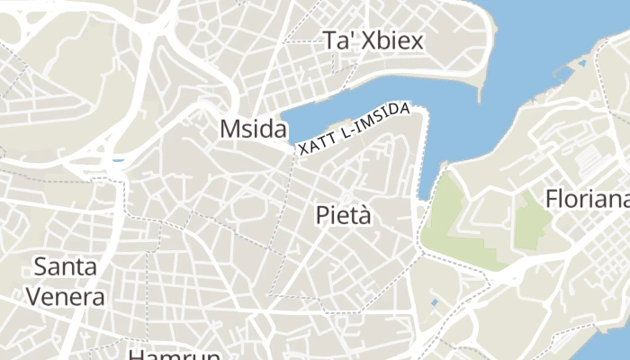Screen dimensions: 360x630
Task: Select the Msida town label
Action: click(253, 129)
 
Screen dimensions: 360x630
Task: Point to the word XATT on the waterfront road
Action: click(314, 143)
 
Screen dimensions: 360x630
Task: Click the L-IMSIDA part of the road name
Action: click(378, 121)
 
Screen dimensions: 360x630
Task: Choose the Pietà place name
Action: click(344, 215)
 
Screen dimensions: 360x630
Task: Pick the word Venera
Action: click(66, 295)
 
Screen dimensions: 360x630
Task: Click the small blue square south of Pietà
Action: click(436, 302)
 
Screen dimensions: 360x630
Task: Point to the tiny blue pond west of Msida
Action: click(116, 163)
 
